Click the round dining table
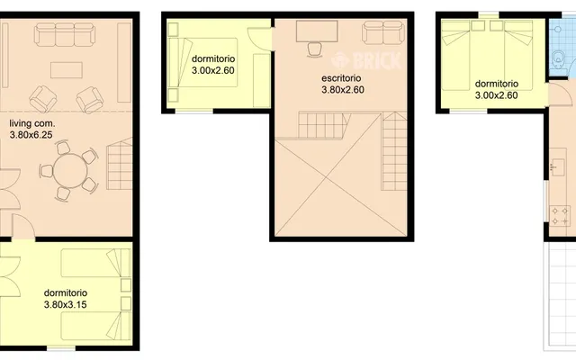click(70, 171)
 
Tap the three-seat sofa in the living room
click(65, 34)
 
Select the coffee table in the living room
click(66, 70)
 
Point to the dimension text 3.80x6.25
click(31, 135)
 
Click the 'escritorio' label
click(341, 78)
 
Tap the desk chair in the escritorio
click(315, 49)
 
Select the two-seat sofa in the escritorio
click(383, 32)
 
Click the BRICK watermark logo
click(366, 60)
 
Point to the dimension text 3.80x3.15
click(66, 304)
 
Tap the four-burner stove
click(560, 216)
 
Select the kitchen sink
click(558, 167)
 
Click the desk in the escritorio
click(317, 31)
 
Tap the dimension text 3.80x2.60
click(343, 90)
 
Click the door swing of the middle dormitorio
click(260, 39)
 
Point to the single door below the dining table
click(23, 226)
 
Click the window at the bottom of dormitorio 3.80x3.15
click(61, 348)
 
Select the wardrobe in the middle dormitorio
click(262, 80)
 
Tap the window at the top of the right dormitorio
click(489, 15)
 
